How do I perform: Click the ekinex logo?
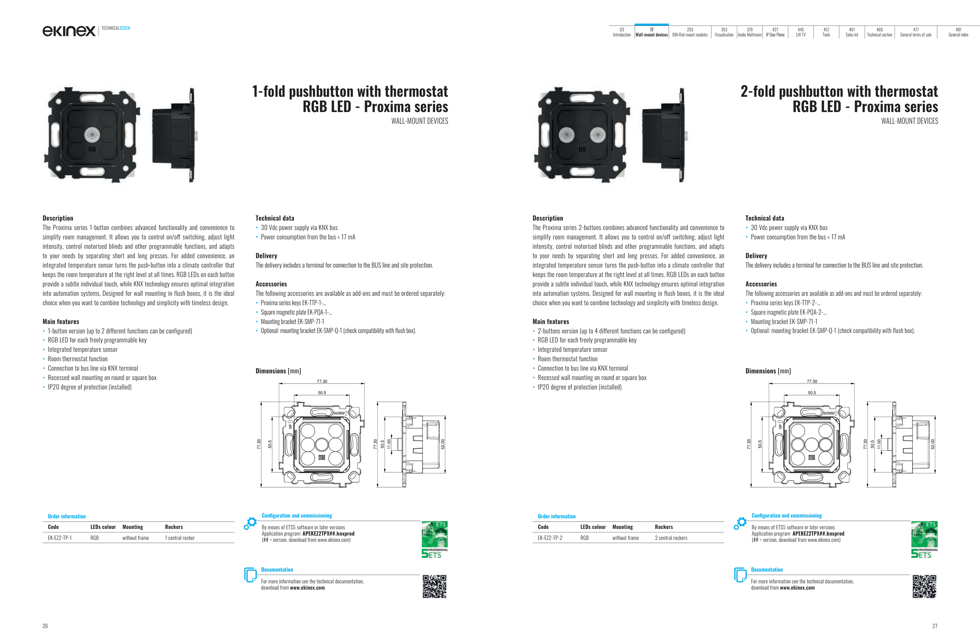click(x=69, y=31)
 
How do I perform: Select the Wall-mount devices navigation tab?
click(x=652, y=32)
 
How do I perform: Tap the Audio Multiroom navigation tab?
click(x=750, y=32)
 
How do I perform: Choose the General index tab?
click(x=958, y=32)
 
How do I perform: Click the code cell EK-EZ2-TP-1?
click(x=60, y=538)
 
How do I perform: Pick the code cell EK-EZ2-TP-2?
click(x=550, y=538)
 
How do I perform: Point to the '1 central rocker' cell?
click(x=180, y=538)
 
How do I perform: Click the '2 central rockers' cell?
click(x=671, y=538)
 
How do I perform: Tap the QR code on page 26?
click(x=434, y=587)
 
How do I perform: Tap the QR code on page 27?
click(x=924, y=587)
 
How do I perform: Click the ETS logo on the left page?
click(x=434, y=539)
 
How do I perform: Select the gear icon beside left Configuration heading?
click(x=250, y=523)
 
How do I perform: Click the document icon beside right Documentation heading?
click(x=740, y=575)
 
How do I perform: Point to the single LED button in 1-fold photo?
click(x=92, y=134)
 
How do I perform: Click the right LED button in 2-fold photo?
click(x=597, y=134)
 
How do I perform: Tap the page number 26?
click(x=45, y=626)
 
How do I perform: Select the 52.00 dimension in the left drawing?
click(x=443, y=444)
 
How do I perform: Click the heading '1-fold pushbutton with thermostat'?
click(x=350, y=91)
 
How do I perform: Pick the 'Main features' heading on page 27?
click(x=550, y=322)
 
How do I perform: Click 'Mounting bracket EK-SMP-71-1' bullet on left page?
click(x=292, y=322)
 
